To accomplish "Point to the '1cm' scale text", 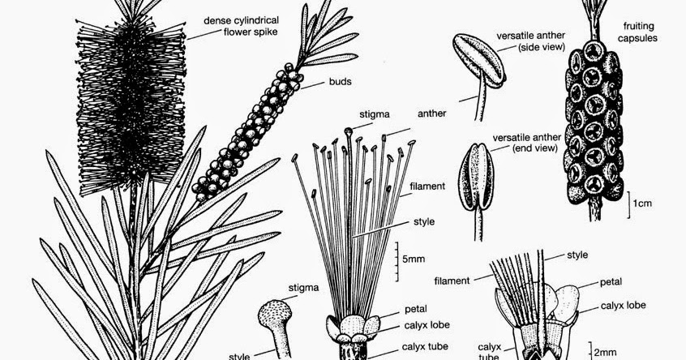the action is tap(645, 202).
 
